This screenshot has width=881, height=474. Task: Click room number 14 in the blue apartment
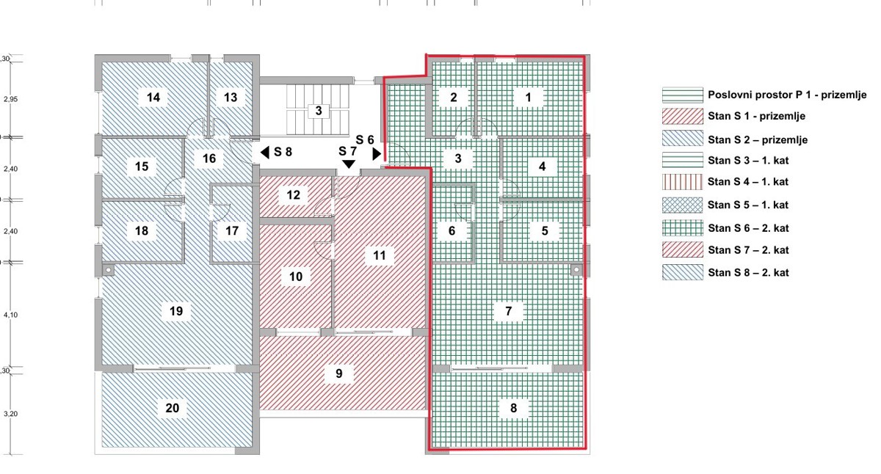[x=153, y=97]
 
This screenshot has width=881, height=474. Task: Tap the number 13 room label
[x=231, y=97]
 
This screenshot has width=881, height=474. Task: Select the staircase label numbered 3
[x=319, y=111]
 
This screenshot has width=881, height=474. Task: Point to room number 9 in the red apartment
[x=339, y=373]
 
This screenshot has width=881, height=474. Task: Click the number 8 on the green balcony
[x=513, y=408]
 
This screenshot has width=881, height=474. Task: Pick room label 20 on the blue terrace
[x=173, y=408]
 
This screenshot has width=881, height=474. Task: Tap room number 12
[x=294, y=195]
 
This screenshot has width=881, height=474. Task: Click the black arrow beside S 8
[x=265, y=153]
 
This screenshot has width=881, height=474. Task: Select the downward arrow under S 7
[x=349, y=164]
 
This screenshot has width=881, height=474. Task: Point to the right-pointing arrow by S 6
[x=377, y=153]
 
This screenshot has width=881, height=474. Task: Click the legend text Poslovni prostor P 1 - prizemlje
[x=787, y=95]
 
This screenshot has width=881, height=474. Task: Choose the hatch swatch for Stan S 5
[x=682, y=205]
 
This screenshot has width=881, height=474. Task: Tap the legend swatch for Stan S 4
[x=682, y=182]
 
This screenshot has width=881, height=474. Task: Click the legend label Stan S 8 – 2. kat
[x=748, y=273]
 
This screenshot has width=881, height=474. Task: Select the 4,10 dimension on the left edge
[x=10, y=315]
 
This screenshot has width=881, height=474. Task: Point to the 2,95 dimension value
[x=10, y=99]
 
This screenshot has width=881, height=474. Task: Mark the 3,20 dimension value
[x=10, y=414]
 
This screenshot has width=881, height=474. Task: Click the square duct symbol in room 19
[x=108, y=270]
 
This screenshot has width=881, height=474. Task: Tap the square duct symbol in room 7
[x=576, y=270]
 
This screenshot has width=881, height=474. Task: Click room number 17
[x=232, y=230]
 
